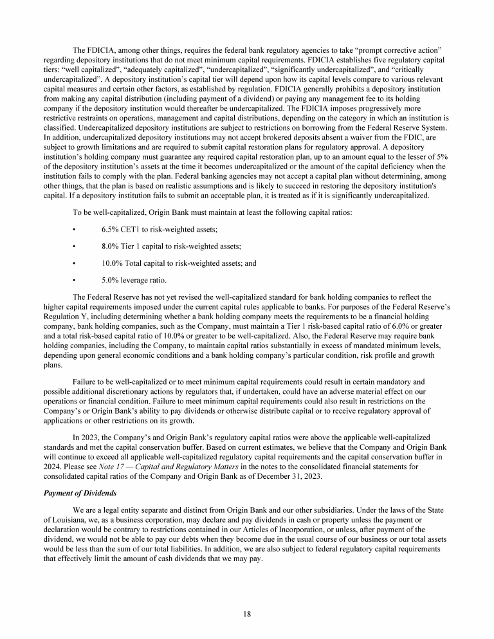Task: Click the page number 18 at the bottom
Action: coord(247,613)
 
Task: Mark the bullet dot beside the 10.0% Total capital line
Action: coord(75,263)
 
